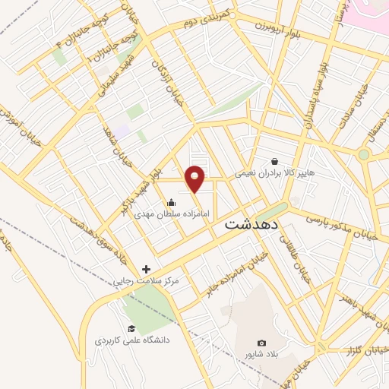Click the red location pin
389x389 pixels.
[x=197, y=179]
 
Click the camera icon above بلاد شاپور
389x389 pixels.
[x=262, y=343]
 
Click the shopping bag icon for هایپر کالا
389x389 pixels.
[x=274, y=161]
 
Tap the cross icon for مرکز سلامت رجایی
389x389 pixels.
[x=147, y=269]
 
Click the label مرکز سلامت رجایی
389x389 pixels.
[x=146, y=281]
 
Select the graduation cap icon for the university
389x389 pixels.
[x=131, y=328]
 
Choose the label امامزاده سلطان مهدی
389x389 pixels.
[x=168, y=214]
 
